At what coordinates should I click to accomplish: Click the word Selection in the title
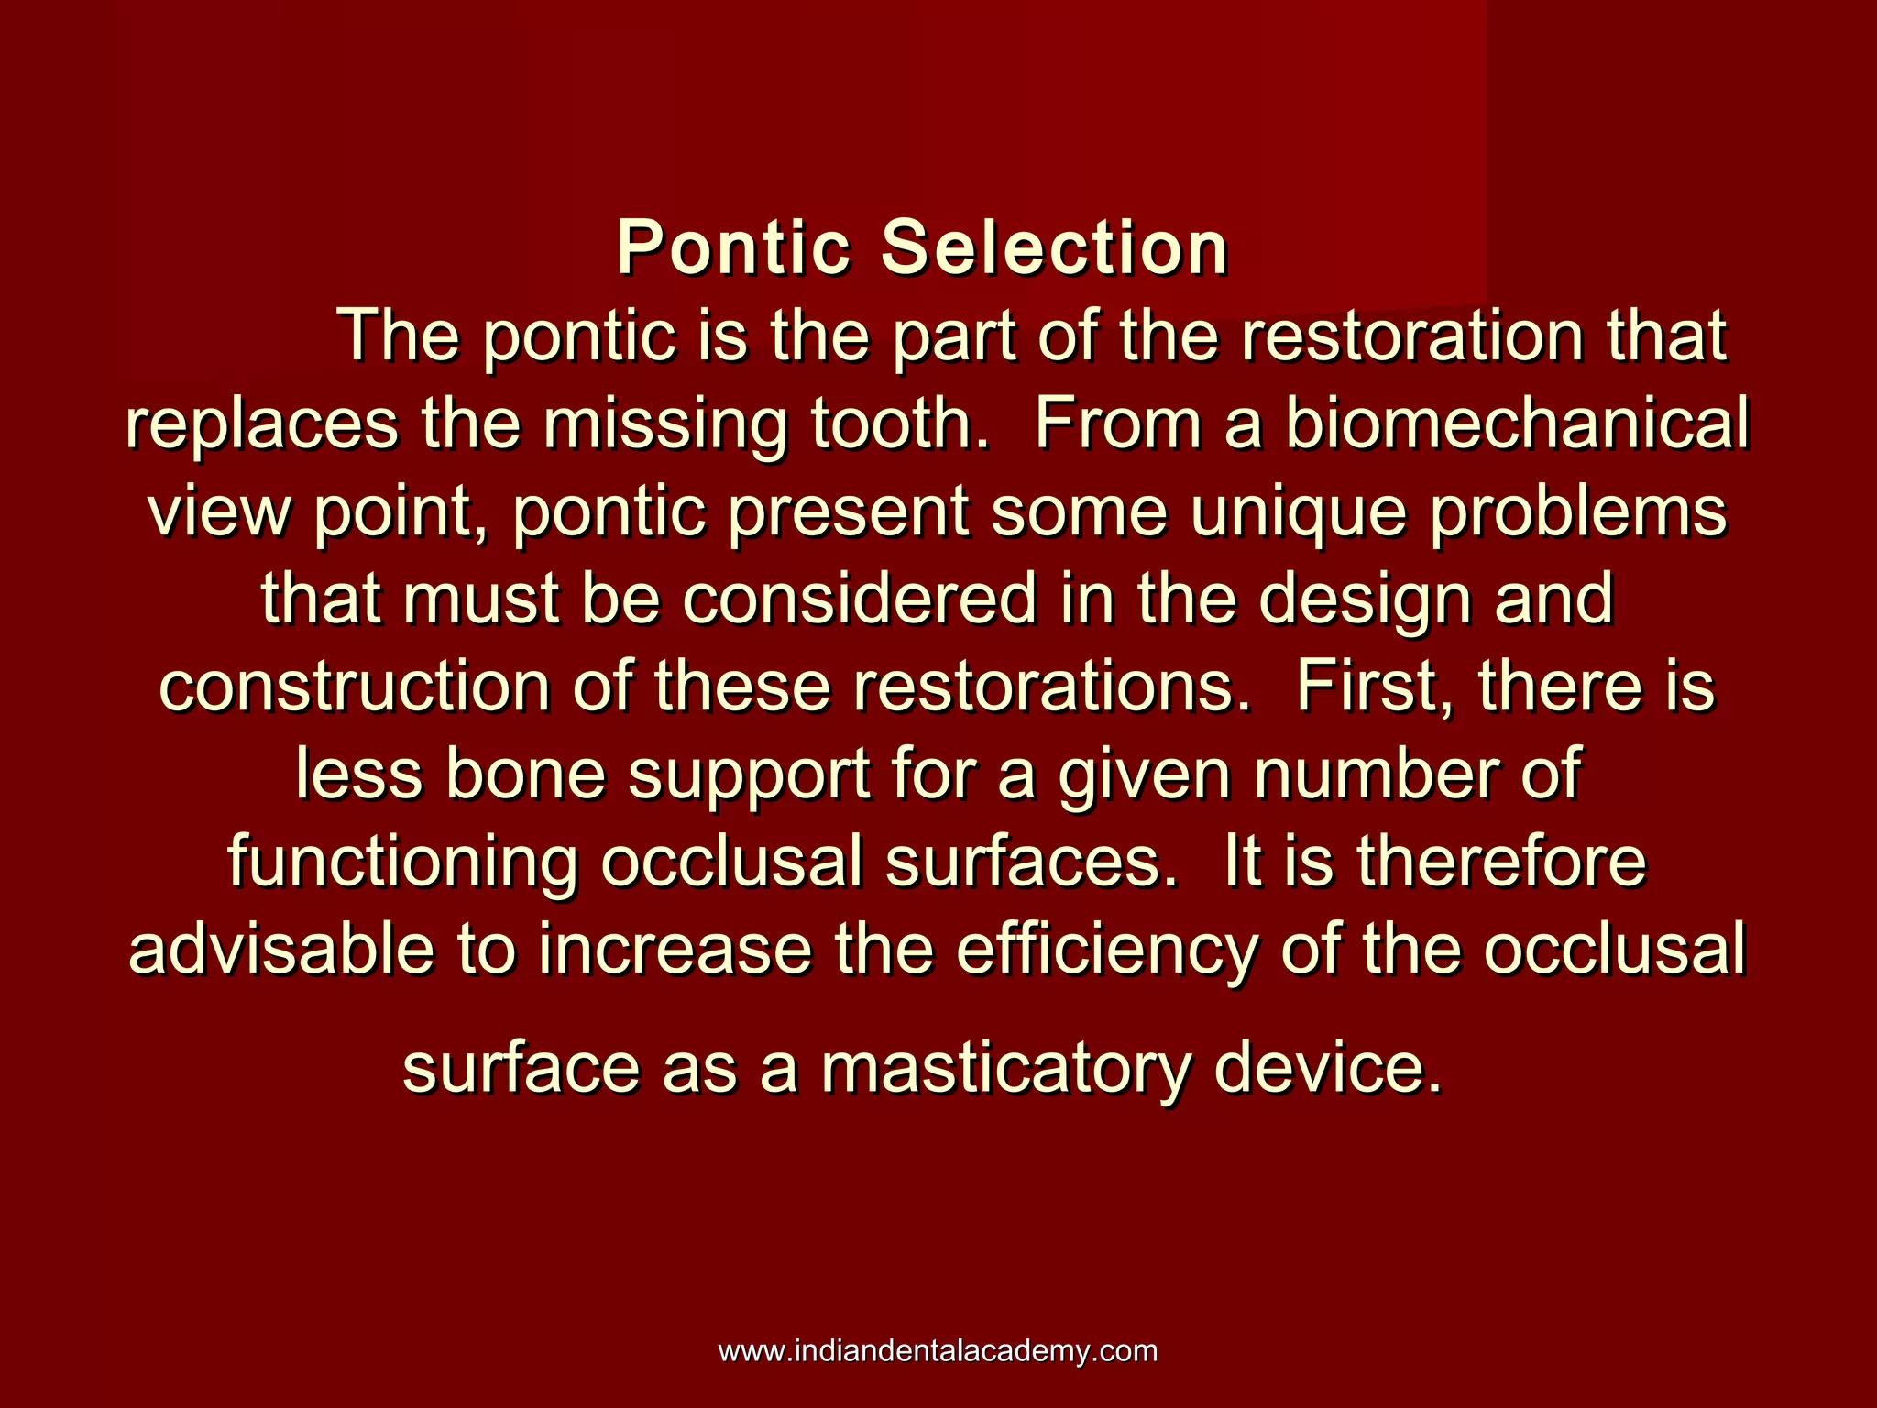tap(1054, 248)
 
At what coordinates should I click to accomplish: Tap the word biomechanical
tap(1517, 424)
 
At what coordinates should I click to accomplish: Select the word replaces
tap(262, 424)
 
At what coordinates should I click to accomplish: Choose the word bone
tap(526, 775)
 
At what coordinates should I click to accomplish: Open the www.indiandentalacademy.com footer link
tap(938, 1350)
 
